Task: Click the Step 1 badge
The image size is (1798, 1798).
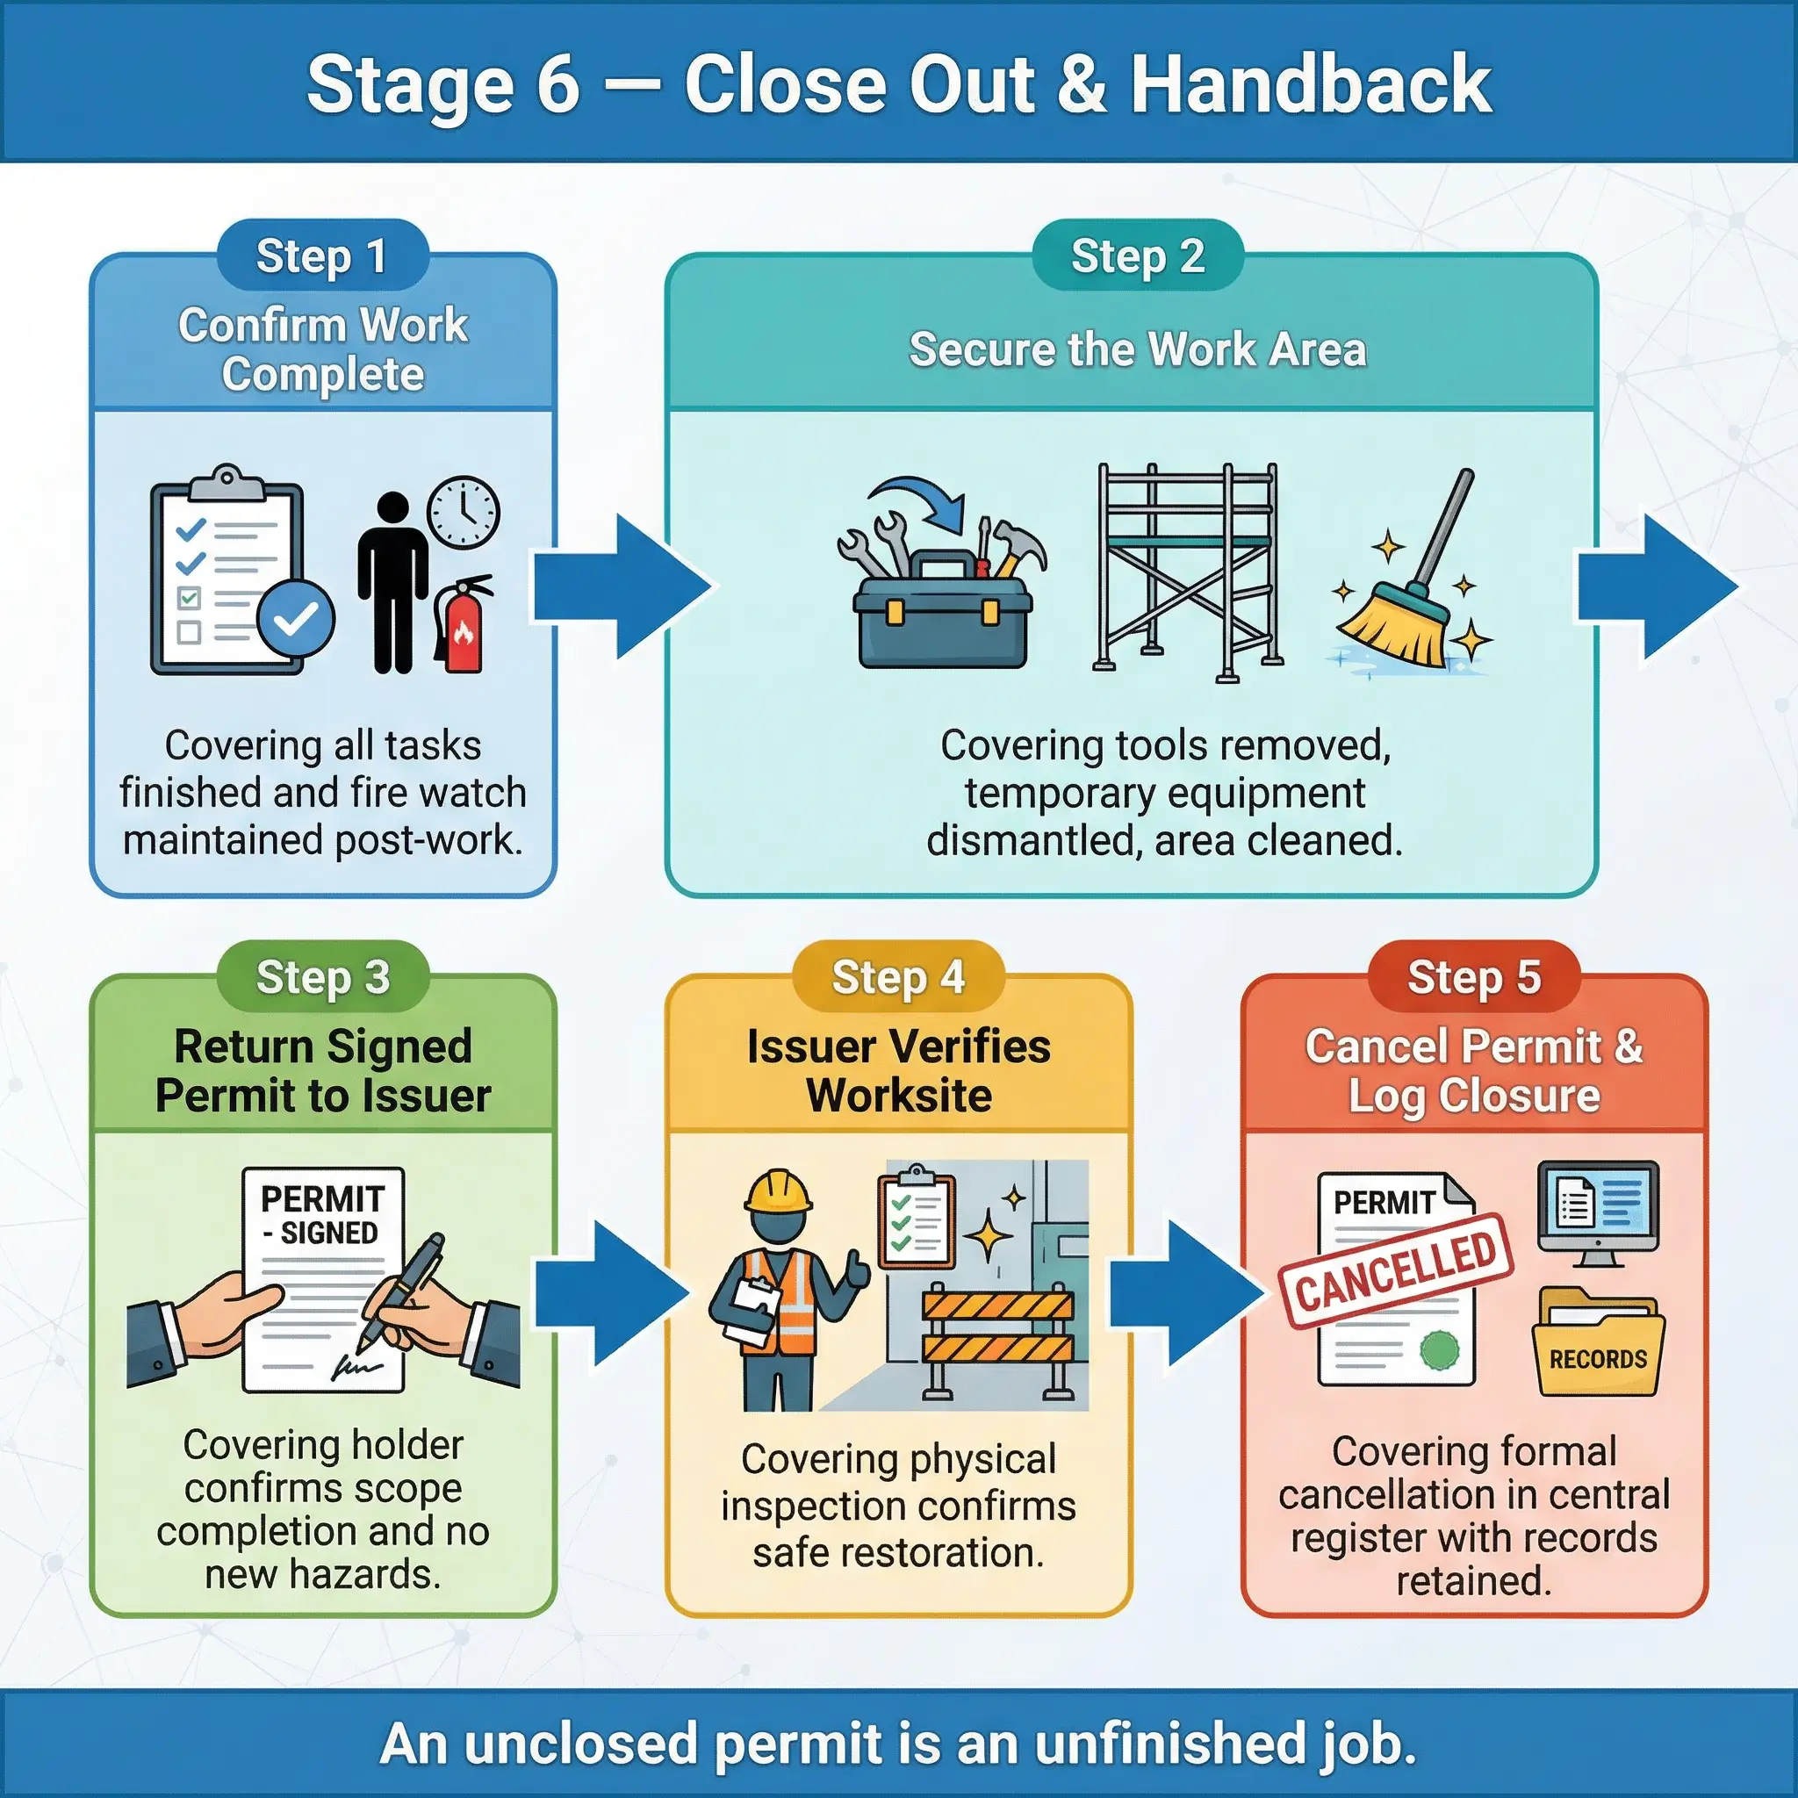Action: coord(322,256)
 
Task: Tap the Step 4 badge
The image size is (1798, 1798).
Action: coord(898,977)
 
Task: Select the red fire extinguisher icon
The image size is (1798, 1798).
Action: coord(463,625)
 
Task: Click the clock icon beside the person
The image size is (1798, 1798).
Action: coord(463,513)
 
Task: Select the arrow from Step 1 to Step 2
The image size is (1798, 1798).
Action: coord(619,586)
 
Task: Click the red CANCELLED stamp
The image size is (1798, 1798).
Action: coord(1396,1270)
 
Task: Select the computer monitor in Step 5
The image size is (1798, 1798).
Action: coord(1598,1210)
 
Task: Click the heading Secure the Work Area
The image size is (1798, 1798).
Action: coord(1137,350)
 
